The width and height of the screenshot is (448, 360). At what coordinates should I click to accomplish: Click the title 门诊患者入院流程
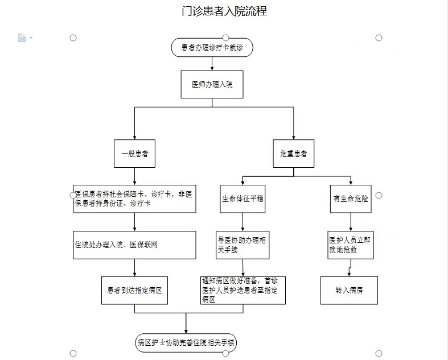(x=224, y=11)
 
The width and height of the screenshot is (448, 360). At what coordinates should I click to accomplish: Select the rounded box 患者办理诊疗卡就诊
(x=212, y=47)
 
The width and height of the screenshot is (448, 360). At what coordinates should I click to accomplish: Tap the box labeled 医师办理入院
(x=212, y=84)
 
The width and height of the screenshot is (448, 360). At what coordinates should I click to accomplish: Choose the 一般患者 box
(x=134, y=154)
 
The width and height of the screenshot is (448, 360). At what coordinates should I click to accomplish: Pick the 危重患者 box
(x=293, y=154)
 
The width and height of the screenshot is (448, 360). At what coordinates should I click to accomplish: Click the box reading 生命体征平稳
(x=243, y=198)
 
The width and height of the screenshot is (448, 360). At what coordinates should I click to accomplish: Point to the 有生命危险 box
(x=351, y=198)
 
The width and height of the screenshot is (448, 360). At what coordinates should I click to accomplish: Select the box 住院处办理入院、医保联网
(x=134, y=245)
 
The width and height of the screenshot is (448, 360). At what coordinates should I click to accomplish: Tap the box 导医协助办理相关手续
(x=243, y=245)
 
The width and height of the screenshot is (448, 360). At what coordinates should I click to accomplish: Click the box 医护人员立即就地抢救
(x=351, y=245)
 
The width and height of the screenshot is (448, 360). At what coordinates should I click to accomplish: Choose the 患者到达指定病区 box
(x=134, y=291)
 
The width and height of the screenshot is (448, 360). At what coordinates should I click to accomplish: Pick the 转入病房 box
(x=349, y=291)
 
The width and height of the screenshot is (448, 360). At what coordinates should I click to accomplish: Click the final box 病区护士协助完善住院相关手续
(x=186, y=342)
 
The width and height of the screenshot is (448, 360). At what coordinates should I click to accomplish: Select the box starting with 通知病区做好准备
(x=243, y=291)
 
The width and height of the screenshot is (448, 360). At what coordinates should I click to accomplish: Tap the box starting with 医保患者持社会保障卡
(x=134, y=198)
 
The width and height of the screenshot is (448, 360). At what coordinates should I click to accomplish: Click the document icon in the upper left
(x=22, y=38)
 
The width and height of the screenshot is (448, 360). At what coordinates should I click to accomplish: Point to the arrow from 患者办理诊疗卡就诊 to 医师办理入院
(x=212, y=63)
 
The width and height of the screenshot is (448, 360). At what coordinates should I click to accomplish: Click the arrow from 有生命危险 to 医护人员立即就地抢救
(x=351, y=222)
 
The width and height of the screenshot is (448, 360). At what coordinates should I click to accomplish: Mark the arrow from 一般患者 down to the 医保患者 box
(x=134, y=176)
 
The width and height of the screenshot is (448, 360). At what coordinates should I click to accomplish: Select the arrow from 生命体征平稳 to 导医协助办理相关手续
(x=243, y=222)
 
